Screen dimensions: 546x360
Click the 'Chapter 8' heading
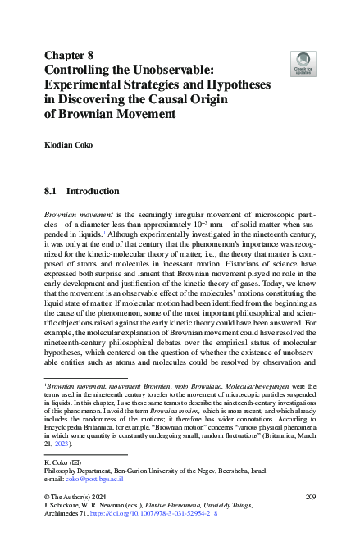tap(75, 57)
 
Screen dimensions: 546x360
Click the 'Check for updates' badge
tap(303, 61)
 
